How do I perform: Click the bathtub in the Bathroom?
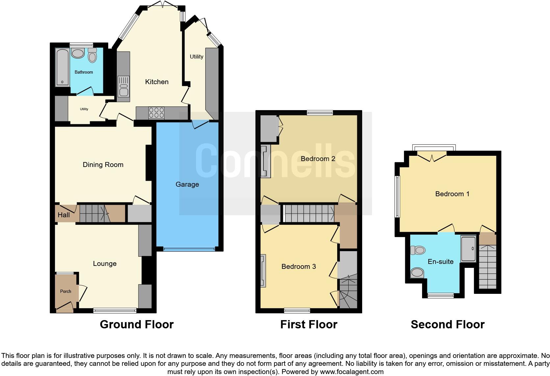pos(62,67)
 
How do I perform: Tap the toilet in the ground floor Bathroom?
pos(92,56)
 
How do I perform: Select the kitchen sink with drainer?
pos(123,86)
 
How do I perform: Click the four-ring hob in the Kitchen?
pos(157,113)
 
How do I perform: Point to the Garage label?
pos(187,184)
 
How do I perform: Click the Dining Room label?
pos(103,165)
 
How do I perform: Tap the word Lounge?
pos(105,264)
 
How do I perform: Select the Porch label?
pos(66,291)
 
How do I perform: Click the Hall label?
pos(64,215)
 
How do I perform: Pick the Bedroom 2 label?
pos(318,159)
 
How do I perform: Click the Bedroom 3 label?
pos(299,267)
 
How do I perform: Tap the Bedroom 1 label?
pos(452,194)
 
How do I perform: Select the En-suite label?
pos(440,262)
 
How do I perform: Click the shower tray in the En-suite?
pos(468,249)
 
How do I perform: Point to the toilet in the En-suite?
pos(418,250)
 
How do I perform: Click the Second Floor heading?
pos(447,325)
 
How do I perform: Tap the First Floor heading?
pos(309,325)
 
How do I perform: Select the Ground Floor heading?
pos(137,325)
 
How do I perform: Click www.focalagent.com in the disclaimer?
pos(352,372)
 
